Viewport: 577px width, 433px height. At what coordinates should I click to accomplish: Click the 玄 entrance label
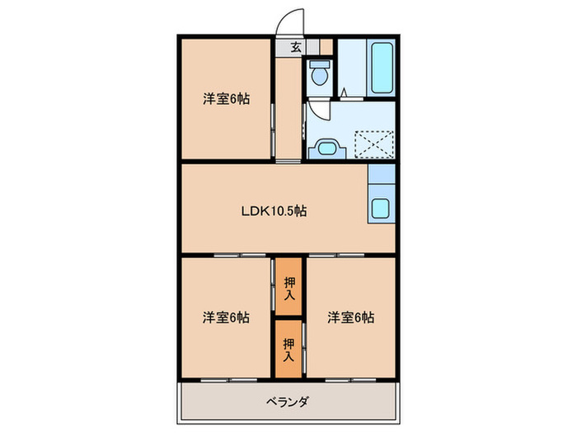(294, 47)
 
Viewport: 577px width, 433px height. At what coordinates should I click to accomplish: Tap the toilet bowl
(318, 77)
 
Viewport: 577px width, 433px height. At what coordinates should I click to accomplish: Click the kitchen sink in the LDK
(382, 208)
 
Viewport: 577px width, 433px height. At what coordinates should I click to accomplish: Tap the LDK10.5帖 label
(274, 211)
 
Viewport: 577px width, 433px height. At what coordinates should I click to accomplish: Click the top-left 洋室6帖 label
(227, 99)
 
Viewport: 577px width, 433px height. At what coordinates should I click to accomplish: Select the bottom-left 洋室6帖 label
(227, 317)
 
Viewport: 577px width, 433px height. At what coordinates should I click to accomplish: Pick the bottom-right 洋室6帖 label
(350, 317)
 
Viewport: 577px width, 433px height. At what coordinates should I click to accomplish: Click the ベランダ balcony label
(288, 402)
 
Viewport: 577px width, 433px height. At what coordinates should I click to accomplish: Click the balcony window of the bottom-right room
(347, 380)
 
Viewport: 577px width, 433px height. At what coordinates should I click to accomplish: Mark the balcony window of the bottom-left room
(224, 380)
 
